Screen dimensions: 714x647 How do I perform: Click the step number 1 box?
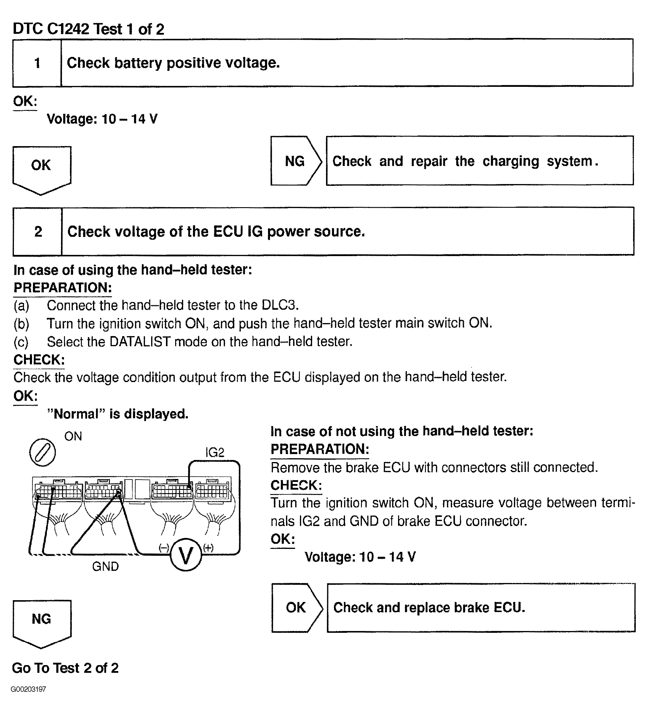coord(37,63)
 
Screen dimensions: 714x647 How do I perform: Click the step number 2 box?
coord(38,231)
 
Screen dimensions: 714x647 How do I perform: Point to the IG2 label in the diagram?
coord(215,453)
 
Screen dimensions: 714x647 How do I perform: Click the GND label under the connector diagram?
coord(106,567)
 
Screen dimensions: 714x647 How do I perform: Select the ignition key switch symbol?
coord(42,453)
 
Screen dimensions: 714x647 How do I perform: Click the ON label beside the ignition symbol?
coord(73,436)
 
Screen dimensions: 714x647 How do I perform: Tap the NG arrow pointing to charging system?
coord(295,161)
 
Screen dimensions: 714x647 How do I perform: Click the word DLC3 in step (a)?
coord(280,305)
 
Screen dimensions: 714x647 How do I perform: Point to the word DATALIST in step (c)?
coord(140,342)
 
